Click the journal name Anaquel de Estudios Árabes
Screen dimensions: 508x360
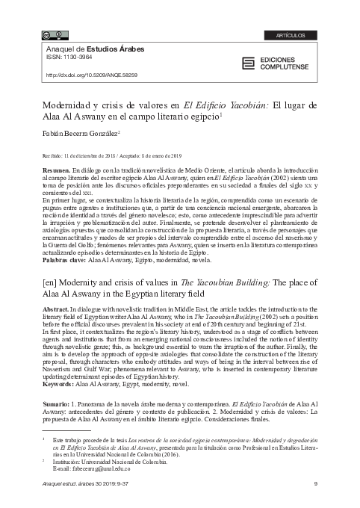[90, 49]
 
